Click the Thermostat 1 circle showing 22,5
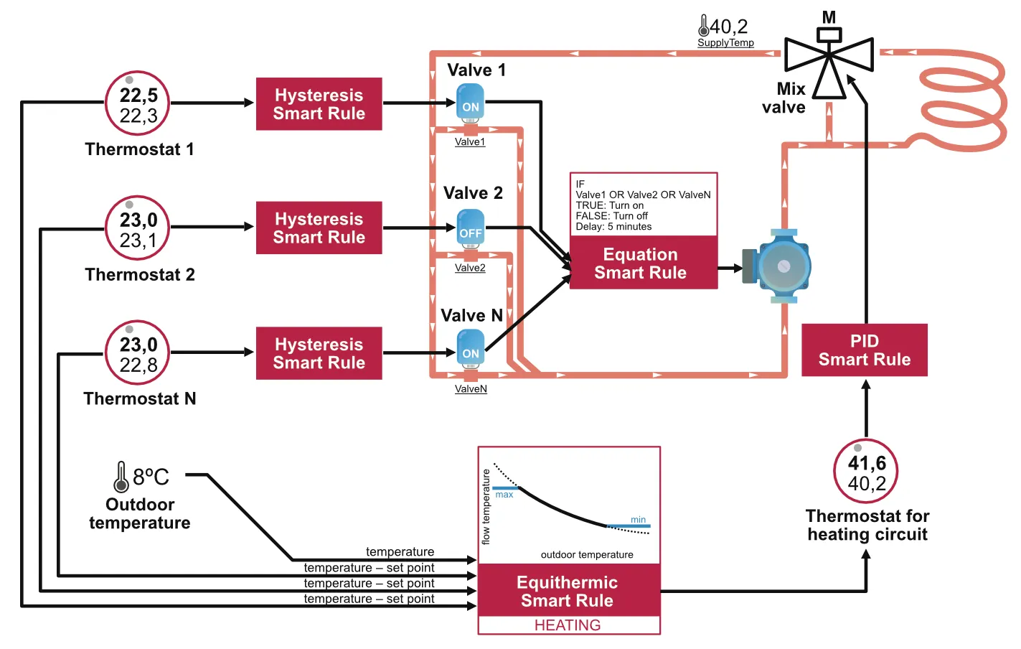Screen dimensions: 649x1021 (138, 103)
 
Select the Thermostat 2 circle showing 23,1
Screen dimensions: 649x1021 (138, 228)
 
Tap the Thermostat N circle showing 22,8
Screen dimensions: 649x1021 (138, 353)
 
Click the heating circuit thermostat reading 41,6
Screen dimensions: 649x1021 (866, 472)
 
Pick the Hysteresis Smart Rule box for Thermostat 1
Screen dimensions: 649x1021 (319, 104)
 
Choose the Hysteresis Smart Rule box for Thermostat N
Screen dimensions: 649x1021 (319, 353)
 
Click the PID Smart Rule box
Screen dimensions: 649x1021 (865, 350)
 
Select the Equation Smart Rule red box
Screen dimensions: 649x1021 (643, 263)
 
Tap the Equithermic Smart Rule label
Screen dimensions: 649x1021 (568, 591)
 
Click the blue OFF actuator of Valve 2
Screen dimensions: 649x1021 (471, 230)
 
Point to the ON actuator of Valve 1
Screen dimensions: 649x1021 (471, 104)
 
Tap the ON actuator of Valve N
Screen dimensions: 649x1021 (471, 350)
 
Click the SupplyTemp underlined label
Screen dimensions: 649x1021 (725, 43)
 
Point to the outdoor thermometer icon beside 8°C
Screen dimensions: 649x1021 (121, 477)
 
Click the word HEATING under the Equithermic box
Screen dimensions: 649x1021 (568, 625)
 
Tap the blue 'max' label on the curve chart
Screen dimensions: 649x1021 (504, 495)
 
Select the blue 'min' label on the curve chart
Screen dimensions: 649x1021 (638, 520)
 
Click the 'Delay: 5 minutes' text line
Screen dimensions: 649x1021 (613, 227)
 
